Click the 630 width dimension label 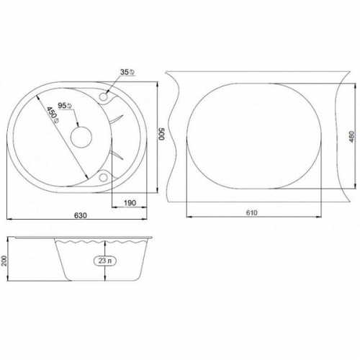click(x=81, y=215)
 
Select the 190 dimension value click(x=130, y=203)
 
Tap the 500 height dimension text click(x=161, y=134)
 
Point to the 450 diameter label click(x=53, y=115)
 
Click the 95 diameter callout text click(x=65, y=106)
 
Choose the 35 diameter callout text click(x=127, y=72)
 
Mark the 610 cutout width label click(x=252, y=212)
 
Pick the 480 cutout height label click(x=351, y=137)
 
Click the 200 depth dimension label click(x=4, y=260)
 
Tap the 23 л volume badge click(x=105, y=261)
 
